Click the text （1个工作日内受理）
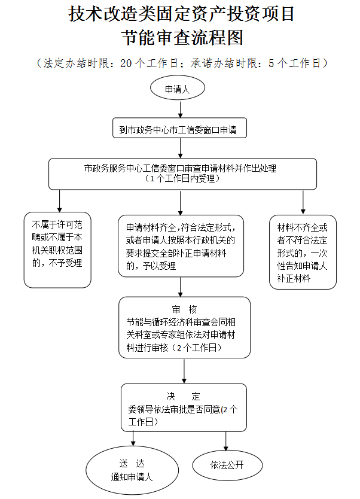pyautogui.click(x=180, y=178)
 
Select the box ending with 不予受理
pyautogui.click(x=57, y=249)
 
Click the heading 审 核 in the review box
pyautogui.click(x=184, y=309)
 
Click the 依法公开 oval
pyautogui.click(x=227, y=465)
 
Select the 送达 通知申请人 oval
pyautogui.click(x=132, y=470)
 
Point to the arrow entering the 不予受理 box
pyautogui.click(x=59, y=200)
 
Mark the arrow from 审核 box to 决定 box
pyautogui.click(x=184, y=371)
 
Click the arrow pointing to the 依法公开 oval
pyautogui.click(x=226, y=441)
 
